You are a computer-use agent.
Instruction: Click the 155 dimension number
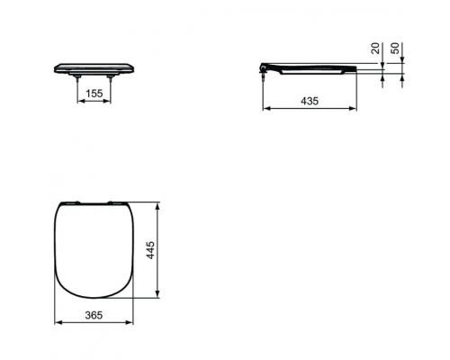point(94,94)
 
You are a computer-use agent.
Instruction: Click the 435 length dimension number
point(310,101)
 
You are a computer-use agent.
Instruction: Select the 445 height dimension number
point(150,250)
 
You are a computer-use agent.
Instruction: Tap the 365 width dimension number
point(94,315)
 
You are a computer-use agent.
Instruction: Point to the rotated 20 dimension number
point(375,49)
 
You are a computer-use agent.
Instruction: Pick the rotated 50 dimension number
point(396,49)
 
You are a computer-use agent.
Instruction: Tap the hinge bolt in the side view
point(263,74)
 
